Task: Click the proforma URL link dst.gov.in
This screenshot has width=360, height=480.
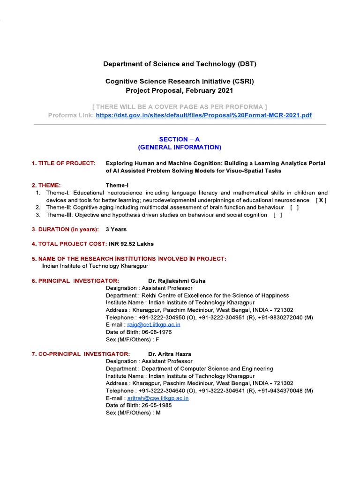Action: pos(203,115)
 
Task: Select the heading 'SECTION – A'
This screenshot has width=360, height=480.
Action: pos(180,139)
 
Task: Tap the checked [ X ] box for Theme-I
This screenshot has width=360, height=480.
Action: pos(321,200)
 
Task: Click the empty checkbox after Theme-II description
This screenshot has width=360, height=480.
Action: pos(294,208)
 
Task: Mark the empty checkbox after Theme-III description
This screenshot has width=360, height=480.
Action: pos(277,215)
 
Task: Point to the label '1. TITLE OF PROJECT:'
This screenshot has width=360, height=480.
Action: pos(64,163)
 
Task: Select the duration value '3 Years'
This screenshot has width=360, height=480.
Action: pos(116,229)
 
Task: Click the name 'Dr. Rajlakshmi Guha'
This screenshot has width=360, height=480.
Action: pos(177,281)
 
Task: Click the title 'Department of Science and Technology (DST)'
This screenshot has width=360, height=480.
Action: pos(180,64)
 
